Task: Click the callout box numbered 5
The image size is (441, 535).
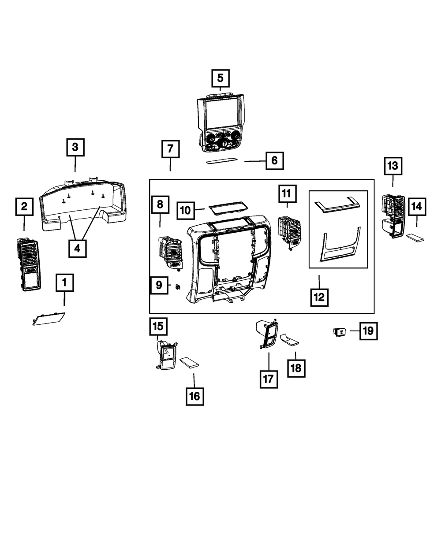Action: pos(220,79)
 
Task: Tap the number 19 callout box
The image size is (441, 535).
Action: pos(368,330)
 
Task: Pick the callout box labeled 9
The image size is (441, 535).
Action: pos(159,285)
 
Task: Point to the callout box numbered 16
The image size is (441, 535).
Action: pos(194,396)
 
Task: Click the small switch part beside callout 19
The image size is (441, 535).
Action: pos(340,331)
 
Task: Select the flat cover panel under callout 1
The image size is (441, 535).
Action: pos(49,319)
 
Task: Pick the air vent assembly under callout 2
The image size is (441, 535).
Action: pos(29,264)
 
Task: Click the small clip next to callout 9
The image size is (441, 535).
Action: pos(177,287)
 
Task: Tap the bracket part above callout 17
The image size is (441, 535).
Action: pos(267,335)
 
